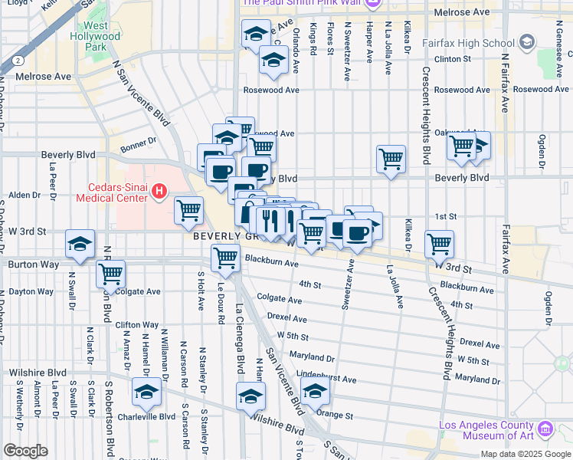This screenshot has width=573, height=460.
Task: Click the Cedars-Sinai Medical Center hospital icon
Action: pyautogui.click(x=159, y=190)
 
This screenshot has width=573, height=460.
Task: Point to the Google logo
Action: pyautogui.click(x=25, y=451)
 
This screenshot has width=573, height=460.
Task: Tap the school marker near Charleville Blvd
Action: pyautogui.click(x=146, y=392)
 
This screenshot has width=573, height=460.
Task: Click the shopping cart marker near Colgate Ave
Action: pyautogui.click(x=111, y=274)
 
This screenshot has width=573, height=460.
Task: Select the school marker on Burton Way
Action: pyautogui.click(x=80, y=244)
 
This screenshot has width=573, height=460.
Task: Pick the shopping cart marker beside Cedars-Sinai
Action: pyautogui.click(x=188, y=210)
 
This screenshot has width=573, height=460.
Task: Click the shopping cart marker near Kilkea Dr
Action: pyautogui.click(x=439, y=245)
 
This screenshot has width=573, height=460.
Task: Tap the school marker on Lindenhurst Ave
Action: pyautogui.click(x=315, y=392)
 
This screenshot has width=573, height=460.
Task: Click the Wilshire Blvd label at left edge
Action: pyautogui.click(x=32, y=373)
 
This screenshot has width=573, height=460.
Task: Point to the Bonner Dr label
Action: pyautogui.click(x=138, y=140)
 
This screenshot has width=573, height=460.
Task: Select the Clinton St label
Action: pyautogui.click(x=452, y=58)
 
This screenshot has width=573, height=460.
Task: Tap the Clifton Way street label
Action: pyautogui.click(x=137, y=325)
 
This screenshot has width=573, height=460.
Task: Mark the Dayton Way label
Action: pyautogui.click(x=31, y=291)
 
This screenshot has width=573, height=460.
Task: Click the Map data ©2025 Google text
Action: pyautogui.click(x=525, y=454)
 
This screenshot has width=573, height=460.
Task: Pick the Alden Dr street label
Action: pyautogui.click(x=24, y=195)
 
